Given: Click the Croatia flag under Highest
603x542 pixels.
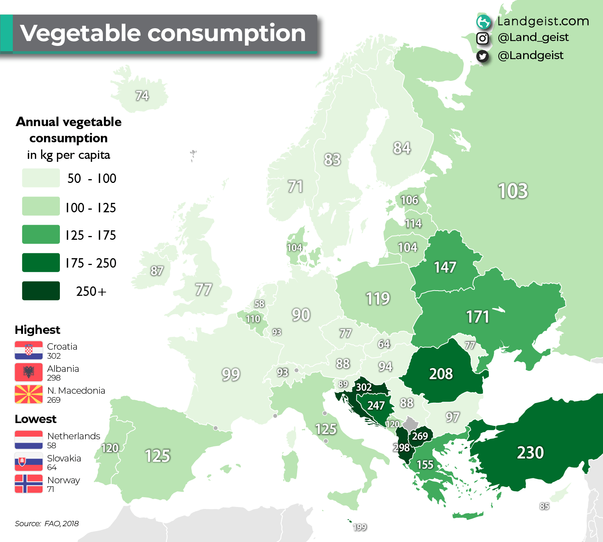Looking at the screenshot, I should [x=29, y=350].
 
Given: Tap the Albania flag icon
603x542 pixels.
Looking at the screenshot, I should [x=29, y=372].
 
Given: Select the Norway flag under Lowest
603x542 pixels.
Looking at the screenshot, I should [x=29, y=484].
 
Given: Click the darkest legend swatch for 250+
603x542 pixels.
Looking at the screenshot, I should [x=41, y=291].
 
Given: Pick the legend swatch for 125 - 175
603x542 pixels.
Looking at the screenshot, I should [x=41, y=234].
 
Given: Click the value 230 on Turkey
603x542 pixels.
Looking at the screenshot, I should [x=530, y=452].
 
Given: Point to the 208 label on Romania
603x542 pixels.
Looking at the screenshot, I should [x=441, y=374].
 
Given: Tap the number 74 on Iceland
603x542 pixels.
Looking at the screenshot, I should [x=142, y=96].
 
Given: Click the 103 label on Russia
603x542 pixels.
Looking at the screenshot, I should [x=513, y=191].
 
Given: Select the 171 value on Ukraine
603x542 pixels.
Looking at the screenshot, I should [x=478, y=317].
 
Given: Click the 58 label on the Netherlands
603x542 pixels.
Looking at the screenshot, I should [x=259, y=304].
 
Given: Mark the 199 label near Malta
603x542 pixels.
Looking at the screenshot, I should [x=360, y=527].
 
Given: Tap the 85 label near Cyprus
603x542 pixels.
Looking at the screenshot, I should [x=544, y=506].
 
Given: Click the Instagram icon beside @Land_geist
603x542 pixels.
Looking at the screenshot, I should [x=482, y=38].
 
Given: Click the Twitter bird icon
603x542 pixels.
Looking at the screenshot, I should [x=482, y=56].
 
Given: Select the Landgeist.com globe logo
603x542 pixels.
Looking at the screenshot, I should [x=484, y=22].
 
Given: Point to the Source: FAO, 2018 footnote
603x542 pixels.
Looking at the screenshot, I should [x=47, y=524].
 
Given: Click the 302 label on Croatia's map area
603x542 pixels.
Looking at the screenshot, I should [x=364, y=387].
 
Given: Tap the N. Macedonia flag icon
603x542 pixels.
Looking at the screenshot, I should [x=29, y=394].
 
